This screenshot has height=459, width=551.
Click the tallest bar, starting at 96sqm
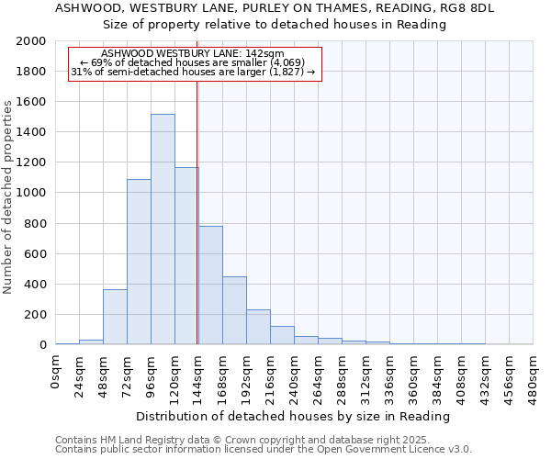163,229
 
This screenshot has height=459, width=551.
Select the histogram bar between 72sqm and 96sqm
139,262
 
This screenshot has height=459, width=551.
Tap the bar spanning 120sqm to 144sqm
186,255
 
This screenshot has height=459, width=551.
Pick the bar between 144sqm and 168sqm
210,285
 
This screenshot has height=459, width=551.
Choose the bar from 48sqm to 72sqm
115,317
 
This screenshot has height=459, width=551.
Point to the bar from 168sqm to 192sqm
234,310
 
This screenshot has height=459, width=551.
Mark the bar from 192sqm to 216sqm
258,327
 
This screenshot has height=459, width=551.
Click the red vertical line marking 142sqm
197,211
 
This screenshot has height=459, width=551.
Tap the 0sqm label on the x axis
56,374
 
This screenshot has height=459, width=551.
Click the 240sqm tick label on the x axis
295,379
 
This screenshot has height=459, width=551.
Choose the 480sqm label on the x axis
534,379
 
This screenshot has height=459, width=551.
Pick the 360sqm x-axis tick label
414,379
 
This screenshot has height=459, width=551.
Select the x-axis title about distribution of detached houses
295,416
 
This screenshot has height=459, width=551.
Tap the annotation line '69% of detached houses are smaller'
193,62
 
